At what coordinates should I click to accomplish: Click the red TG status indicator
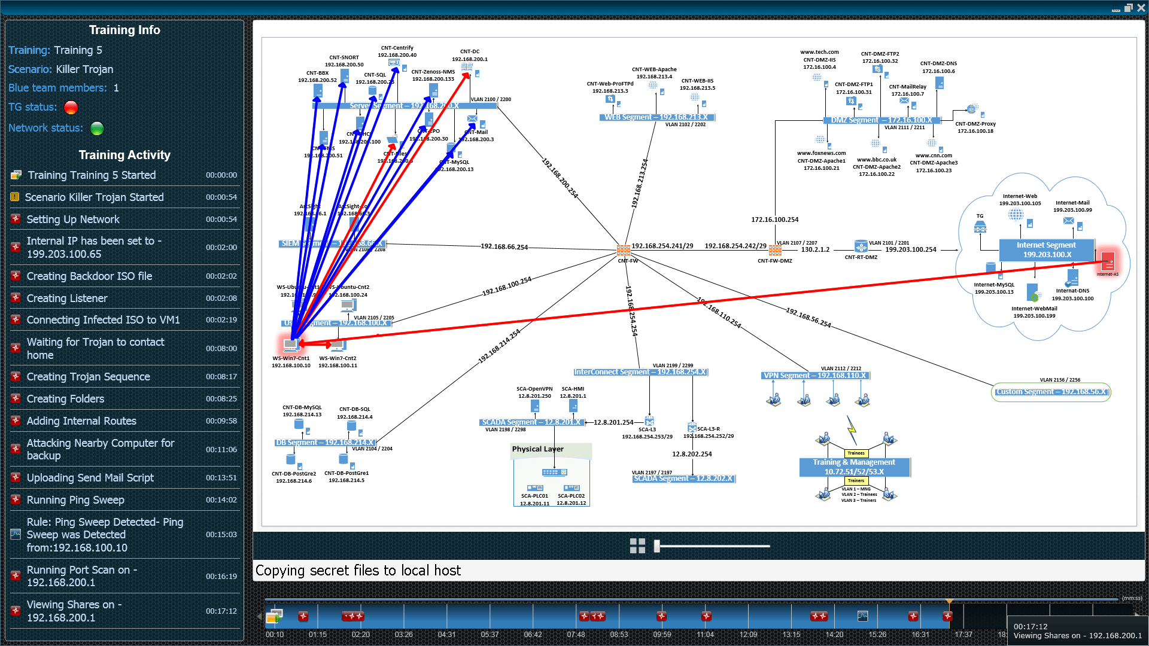coord(71,108)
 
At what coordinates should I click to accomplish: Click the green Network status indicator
coord(97,128)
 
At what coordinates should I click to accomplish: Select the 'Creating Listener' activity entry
coord(67,298)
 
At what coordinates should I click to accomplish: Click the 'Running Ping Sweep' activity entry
coord(75,499)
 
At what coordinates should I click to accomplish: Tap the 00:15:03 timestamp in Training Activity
coord(221,535)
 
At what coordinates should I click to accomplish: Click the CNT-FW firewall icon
coord(624,250)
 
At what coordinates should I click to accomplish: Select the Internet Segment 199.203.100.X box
coord(1047,250)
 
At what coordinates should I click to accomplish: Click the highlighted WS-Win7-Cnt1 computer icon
coord(291,345)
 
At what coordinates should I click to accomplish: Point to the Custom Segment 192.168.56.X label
coord(1051,392)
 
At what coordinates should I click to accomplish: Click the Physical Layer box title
coord(537,449)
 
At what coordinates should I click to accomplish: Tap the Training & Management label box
coord(854,467)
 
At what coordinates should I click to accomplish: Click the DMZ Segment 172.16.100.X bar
coord(881,120)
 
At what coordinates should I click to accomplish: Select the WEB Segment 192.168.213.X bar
coord(656,117)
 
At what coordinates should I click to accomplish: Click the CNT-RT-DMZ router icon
coord(861,246)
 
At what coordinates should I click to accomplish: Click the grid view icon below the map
coord(637,546)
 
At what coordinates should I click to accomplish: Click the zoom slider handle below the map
coord(656,546)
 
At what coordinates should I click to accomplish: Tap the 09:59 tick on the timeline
coord(662,634)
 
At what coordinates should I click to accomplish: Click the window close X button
coord(1141,8)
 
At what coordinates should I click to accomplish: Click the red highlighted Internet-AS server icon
coord(1108,261)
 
